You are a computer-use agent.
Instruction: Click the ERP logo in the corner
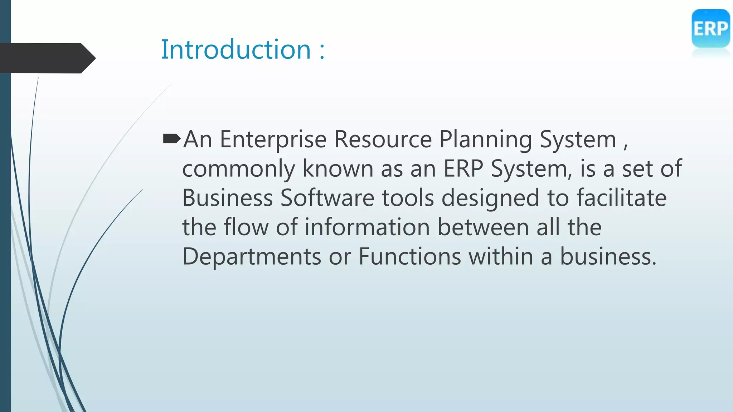[710, 29]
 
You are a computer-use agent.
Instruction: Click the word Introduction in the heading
[236, 49]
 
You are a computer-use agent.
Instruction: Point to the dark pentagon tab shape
[47, 58]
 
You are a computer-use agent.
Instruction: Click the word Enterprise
[273, 139]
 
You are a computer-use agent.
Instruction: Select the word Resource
[383, 139]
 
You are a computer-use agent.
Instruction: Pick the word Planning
[485, 139]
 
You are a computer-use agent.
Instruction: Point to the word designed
[490, 198]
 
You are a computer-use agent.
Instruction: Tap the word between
[483, 227]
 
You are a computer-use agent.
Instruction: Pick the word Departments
[252, 257]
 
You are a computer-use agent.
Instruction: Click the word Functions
[410, 256]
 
